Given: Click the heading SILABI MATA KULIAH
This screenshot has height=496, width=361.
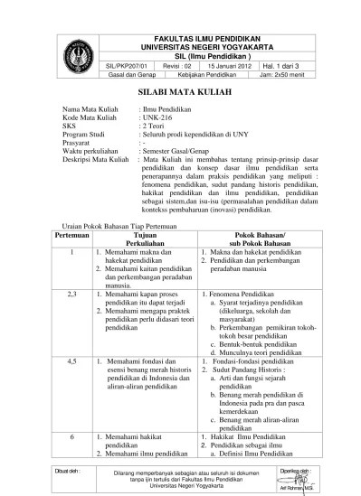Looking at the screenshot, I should click(x=180, y=93).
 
